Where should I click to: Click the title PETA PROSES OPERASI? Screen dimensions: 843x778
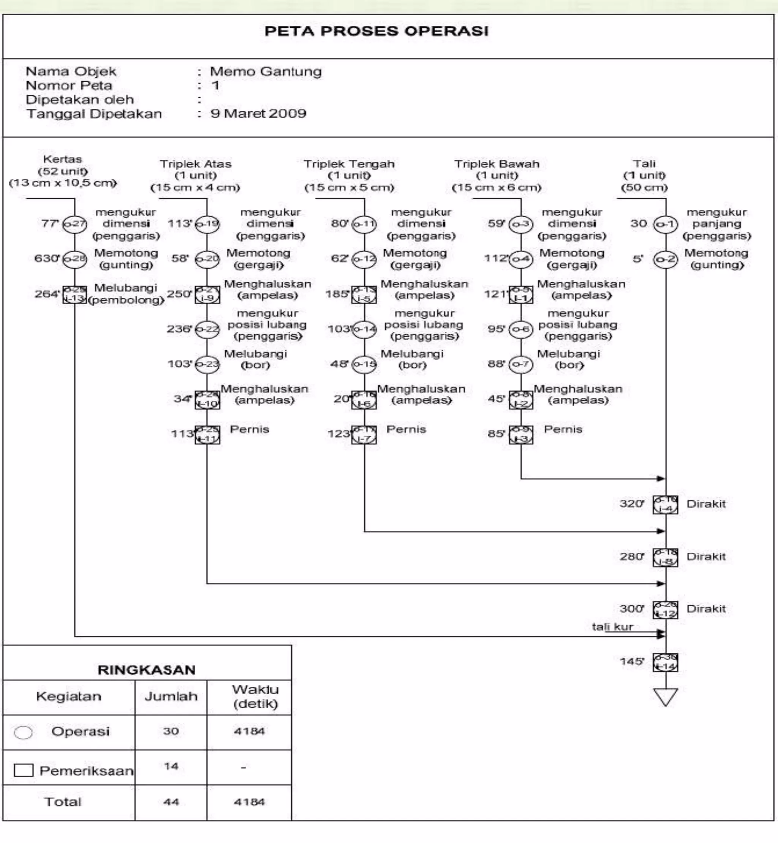point(376,31)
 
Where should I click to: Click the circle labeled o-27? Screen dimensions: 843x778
point(74,224)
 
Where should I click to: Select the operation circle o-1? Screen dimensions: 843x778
point(666,224)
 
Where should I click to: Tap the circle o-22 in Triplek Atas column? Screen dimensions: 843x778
point(207,329)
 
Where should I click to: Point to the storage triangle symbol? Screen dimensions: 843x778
point(666,696)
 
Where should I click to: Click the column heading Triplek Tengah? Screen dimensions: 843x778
point(349,164)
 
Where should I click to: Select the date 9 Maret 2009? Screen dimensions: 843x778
point(258,114)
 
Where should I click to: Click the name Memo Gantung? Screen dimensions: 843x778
point(266,71)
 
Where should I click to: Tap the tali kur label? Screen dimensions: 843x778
point(612,627)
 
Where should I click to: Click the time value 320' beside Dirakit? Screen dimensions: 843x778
point(631,504)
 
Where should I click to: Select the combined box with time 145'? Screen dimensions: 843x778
point(666,663)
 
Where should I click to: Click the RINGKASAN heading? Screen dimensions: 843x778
point(147,670)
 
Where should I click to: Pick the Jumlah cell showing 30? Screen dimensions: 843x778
point(171,731)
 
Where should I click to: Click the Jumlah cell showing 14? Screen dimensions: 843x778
point(171,766)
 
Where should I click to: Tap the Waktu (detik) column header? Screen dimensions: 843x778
point(255,696)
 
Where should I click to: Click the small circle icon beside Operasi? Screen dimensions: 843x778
point(23,733)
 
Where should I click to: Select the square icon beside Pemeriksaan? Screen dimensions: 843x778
point(24,770)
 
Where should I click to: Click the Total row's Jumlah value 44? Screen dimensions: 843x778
point(171,802)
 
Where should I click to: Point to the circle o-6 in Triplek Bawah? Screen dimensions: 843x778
point(521,329)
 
